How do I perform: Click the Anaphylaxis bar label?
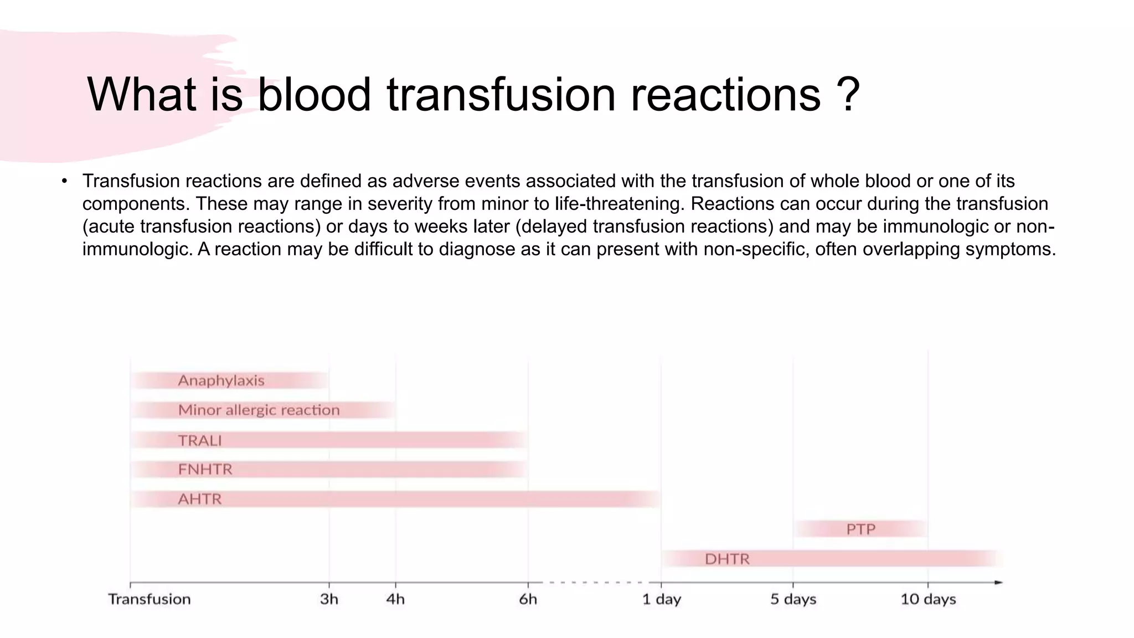click(x=221, y=380)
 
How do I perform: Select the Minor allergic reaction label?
click(x=259, y=410)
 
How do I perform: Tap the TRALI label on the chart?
click(x=199, y=440)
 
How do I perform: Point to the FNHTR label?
click(x=205, y=470)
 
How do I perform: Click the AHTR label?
click(x=199, y=500)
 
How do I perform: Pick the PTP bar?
click(x=860, y=529)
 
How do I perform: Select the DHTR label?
click(x=727, y=559)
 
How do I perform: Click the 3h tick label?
click(x=329, y=599)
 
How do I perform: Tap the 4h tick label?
click(x=395, y=599)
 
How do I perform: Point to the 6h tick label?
click(x=528, y=599)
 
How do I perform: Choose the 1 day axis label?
click(x=661, y=599)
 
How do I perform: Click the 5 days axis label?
click(x=793, y=599)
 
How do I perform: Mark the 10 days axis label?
click(x=928, y=599)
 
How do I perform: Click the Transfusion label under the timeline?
click(x=149, y=599)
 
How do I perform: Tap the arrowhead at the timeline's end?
click(x=998, y=582)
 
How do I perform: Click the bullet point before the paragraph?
click(x=65, y=181)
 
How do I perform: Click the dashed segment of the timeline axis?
click(x=595, y=582)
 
